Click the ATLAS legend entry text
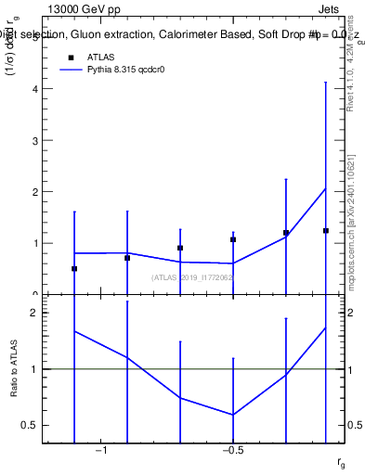tap(101, 57)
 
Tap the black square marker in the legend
tap(70, 57)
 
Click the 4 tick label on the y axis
tap(35, 89)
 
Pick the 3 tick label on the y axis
tap(35, 141)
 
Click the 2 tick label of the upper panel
tap(35, 192)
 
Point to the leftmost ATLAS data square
tap(74, 268)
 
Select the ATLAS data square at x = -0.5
tap(233, 239)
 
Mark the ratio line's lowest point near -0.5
tap(233, 415)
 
